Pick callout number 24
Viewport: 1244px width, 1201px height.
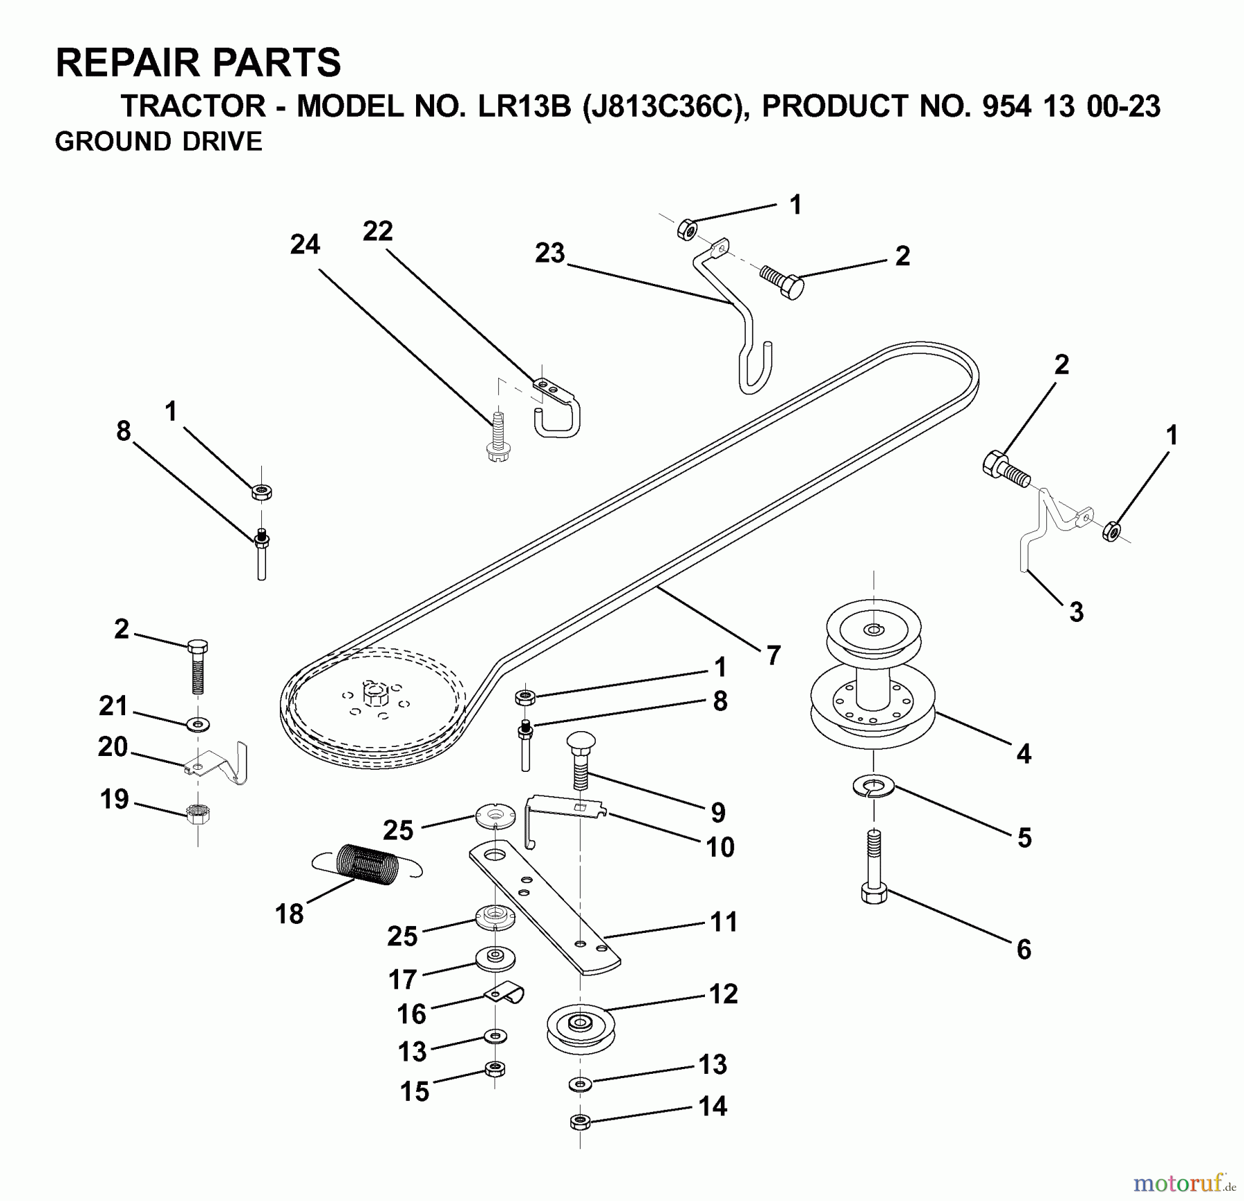pyautogui.click(x=305, y=244)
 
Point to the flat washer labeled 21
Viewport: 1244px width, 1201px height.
pyautogui.click(x=198, y=725)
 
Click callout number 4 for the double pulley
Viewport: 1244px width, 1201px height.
pyautogui.click(x=1024, y=753)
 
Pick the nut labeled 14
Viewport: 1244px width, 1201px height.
pyautogui.click(x=581, y=1122)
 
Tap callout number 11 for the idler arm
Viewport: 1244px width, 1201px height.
pyautogui.click(x=724, y=922)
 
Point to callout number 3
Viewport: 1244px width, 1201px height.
pyautogui.click(x=1076, y=612)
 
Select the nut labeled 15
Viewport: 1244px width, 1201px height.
pyautogui.click(x=494, y=1069)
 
